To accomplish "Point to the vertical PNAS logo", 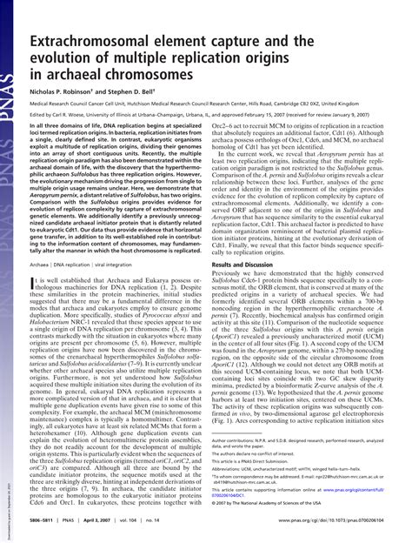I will coord(9,35).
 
